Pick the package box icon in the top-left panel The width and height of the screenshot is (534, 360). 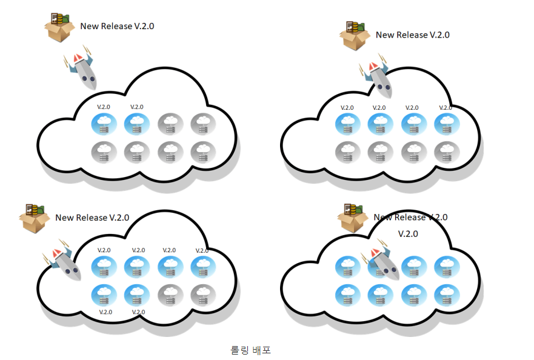click(x=59, y=28)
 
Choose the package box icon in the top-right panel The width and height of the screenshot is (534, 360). click(x=355, y=36)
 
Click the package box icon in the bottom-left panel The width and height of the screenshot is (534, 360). click(x=35, y=218)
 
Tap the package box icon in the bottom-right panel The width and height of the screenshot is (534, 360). click(x=353, y=218)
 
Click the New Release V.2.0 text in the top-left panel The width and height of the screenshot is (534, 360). click(x=113, y=26)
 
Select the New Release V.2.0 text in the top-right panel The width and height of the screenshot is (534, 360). click(x=412, y=35)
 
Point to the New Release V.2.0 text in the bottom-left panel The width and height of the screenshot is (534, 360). click(x=92, y=218)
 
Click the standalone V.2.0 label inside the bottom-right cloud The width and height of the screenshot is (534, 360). click(x=408, y=233)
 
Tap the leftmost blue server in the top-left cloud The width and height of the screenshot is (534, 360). click(x=104, y=124)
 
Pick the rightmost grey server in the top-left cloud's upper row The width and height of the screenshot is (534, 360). click(x=203, y=124)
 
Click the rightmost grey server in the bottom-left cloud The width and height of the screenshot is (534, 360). click(x=203, y=295)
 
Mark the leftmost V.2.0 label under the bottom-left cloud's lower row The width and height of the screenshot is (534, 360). click(x=105, y=312)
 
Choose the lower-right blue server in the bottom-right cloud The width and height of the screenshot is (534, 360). click(x=446, y=295)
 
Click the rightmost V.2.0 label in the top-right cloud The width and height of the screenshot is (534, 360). click(x=446, y=107)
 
